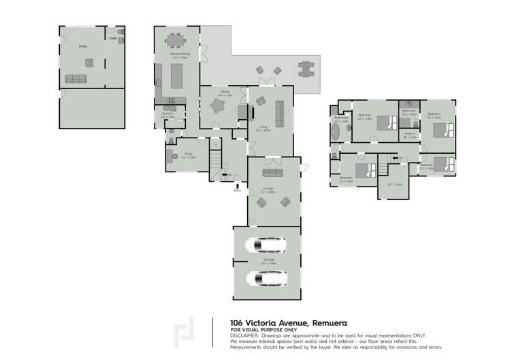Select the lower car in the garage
coord(261,278)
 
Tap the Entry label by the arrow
coord(238,191)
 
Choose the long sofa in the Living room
coord(279,110)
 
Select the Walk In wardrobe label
coord(409,135)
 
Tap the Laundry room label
coord(168,114)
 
